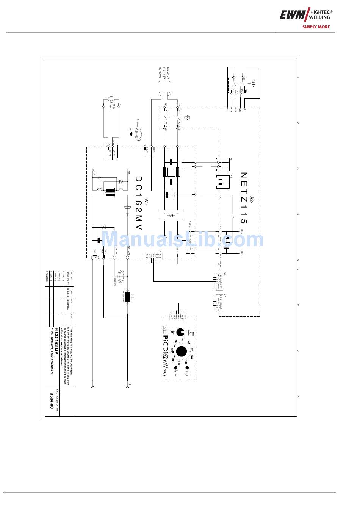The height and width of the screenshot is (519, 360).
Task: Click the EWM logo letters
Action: click(293, 15)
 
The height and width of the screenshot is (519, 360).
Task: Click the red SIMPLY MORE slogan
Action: click(316, 27)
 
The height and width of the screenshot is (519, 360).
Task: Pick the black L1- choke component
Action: click(127, 297)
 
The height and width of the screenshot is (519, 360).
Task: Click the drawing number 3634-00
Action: click(52, 401)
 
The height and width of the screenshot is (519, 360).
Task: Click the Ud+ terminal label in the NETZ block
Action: click(241, 231)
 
